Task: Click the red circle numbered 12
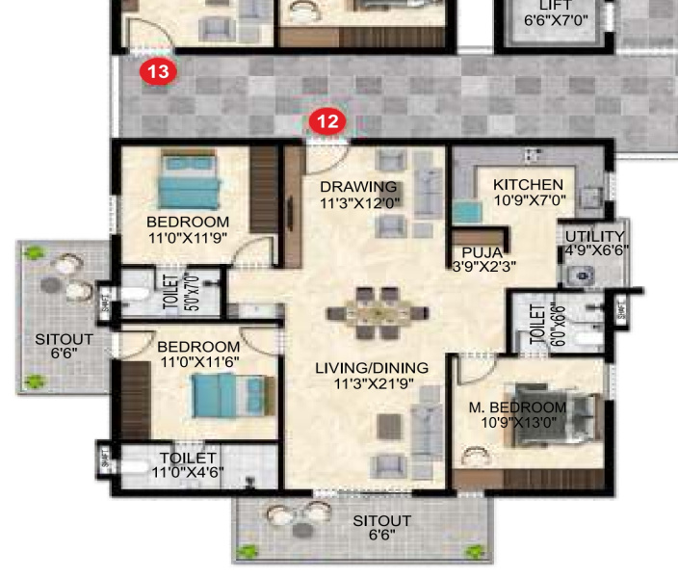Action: pyautogui.click(x=327, y=120)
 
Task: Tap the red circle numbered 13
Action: pyautogui.click(x=159, y=71)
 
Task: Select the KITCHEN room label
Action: pyautogui.click(x=528, y=185)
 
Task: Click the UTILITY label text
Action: pyautogui.click(x=594, y=237)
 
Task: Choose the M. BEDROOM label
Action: pyautogui.click(x=517, y=407)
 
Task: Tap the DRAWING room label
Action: pyautogui.click(x=358, y=187)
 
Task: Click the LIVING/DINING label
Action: pyautogui.click(x=372, y=368)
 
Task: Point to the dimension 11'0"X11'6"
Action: pyautogui.click(x=197, y=362)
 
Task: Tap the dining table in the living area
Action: pyautogui.click(x=375, y=312)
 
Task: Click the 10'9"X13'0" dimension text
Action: pyautogui.click(x=517, y=422)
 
